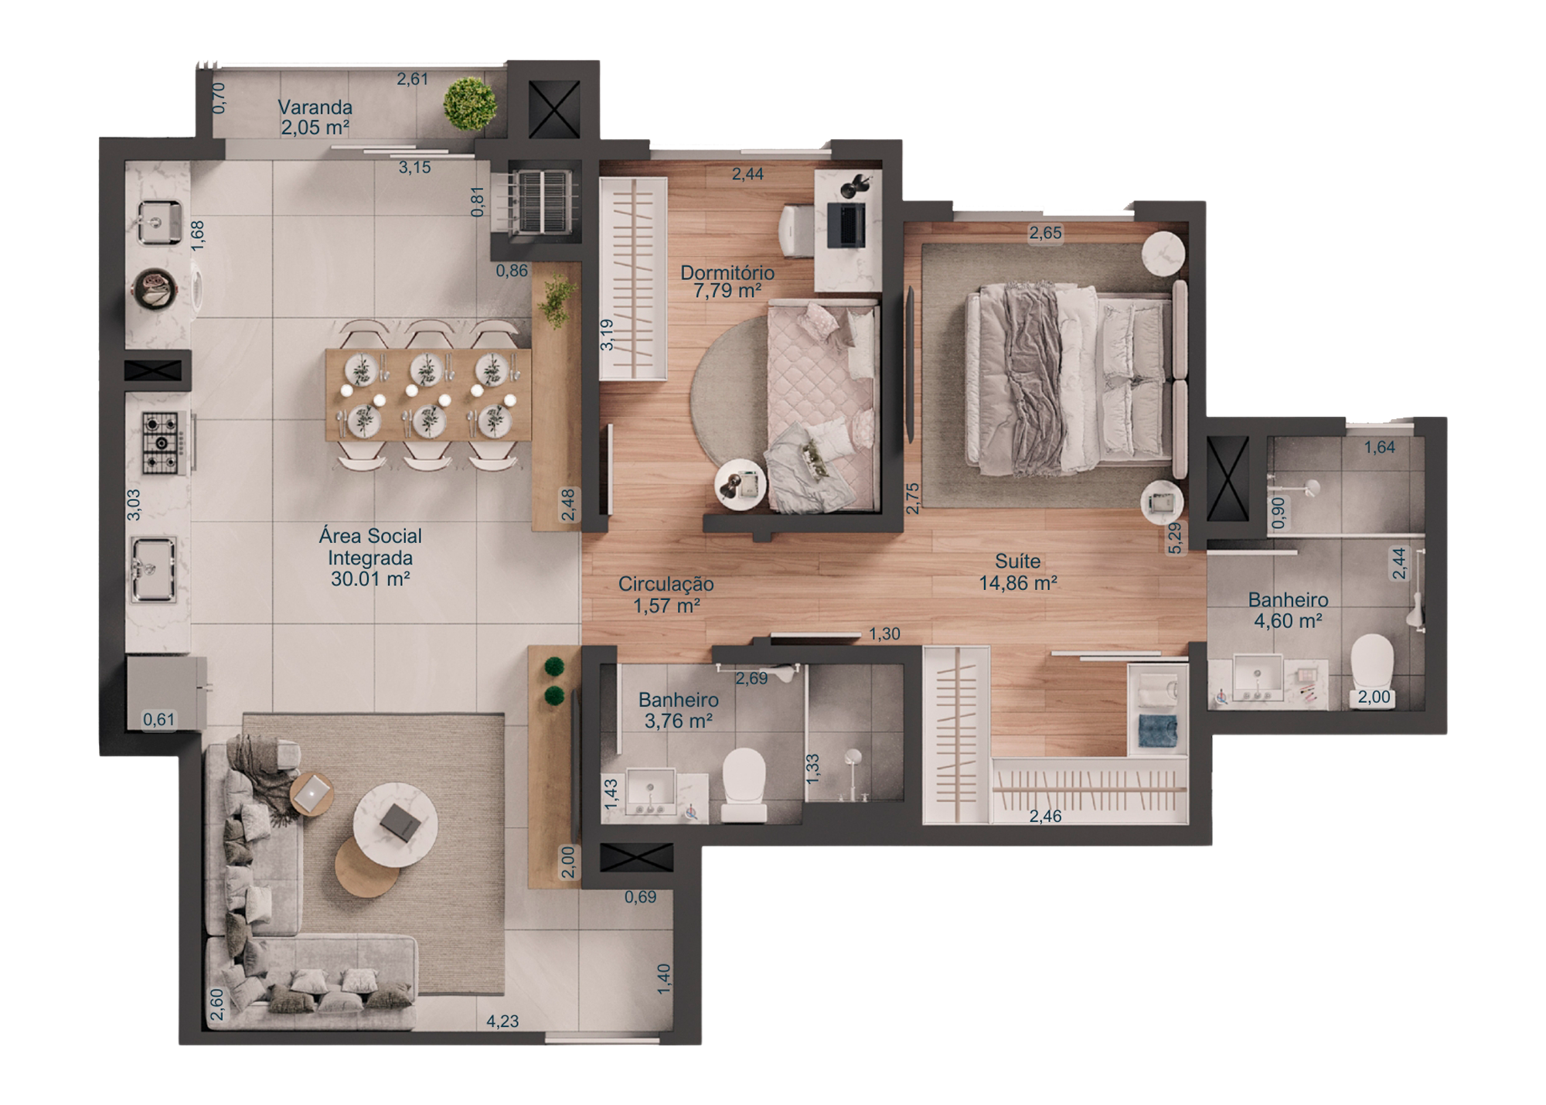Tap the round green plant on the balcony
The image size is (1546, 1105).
tap(470, 104)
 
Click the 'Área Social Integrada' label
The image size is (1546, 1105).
tap(370, 557)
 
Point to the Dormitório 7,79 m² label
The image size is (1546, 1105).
tap(727, 281)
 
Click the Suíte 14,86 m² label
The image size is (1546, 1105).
tap(1018, 572)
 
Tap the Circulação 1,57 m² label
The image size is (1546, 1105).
tap(666, 595)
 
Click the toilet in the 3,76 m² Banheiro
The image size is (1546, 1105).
tap(744, 783)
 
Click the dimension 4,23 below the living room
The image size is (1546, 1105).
tap(502, 1021)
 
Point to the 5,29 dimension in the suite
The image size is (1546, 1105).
tap(1175, 538)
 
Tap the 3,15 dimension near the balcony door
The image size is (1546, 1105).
tap(415, 167)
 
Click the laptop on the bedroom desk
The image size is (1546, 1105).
tap(846, 224)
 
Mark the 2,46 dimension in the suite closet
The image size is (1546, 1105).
tap(1045, 816)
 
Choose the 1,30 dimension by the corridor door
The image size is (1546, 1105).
tap(884, 634)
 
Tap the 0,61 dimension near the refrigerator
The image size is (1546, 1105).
tap(158, 720)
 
